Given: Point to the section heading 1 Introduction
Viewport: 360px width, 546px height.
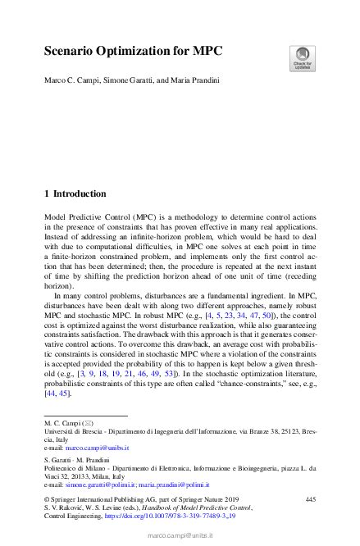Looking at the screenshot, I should point(75,194).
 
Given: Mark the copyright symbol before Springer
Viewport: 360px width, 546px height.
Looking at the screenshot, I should point(47,498).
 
